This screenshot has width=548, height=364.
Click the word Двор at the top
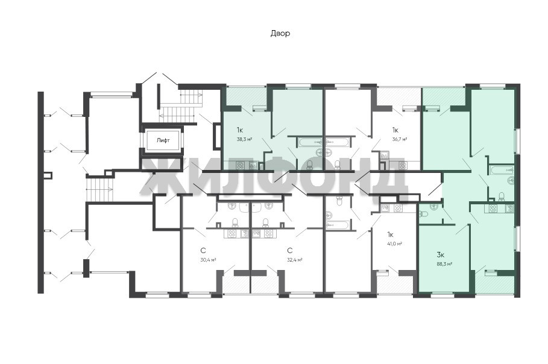pos(280,34)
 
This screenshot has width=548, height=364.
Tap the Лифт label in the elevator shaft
pos(163,140)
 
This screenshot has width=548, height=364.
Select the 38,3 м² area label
pos(245,139)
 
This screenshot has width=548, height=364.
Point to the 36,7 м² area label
pos(400,139)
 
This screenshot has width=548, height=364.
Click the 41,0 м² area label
pos(394,243)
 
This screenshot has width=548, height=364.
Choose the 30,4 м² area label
pos(209,260)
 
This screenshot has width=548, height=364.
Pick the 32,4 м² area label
pos(295,260)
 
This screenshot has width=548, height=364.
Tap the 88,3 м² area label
pos(444,264)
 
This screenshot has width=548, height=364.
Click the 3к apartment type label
pos(440,254)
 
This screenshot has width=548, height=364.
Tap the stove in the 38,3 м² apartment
pos(240,165)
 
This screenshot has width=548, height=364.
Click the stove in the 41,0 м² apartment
pos(398,208)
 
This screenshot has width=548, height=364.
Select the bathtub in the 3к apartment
pos(502,170)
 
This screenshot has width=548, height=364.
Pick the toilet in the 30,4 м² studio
pos(235,222)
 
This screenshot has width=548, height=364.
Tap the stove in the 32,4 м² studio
pos(268,233)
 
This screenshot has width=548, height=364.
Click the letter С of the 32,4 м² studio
pos(289,251)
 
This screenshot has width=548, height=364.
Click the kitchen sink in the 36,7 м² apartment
pos(385,156)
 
